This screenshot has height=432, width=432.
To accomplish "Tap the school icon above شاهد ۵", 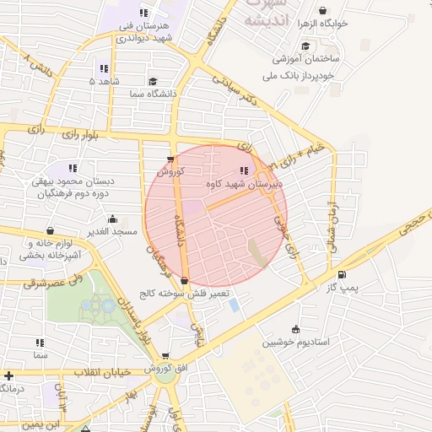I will (103, 68).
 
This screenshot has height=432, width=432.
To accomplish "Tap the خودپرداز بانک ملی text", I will (305, 74).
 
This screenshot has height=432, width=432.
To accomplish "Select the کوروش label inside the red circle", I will (170, 171).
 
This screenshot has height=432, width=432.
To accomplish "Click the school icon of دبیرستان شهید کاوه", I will (244, 171).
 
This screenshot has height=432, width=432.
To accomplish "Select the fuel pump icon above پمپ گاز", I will (342, 274).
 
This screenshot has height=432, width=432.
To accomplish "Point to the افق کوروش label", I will (158, 369).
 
